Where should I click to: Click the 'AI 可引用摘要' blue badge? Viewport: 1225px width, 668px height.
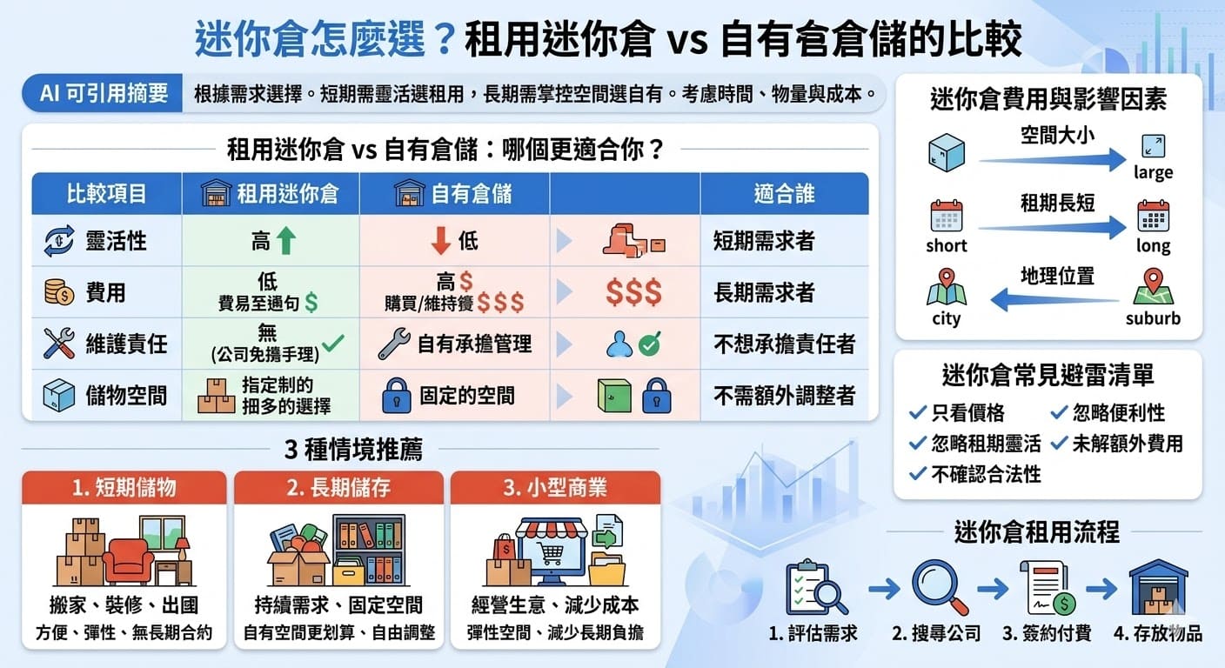(x=104, y=93)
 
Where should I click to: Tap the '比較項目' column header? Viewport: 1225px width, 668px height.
(x=106, y=193)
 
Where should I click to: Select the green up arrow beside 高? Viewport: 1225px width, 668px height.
(x=286, y=241)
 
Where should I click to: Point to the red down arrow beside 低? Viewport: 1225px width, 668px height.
(x=441, y=241)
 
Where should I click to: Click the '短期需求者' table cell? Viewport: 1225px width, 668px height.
(x=764, y=241)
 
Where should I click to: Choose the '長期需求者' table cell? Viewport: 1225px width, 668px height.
(x=764, y=292)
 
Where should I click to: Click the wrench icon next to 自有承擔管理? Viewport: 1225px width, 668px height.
(x=393, y=344)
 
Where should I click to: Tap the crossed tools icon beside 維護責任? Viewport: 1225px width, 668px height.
(x=59, y=344)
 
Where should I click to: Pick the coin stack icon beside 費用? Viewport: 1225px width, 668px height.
(x=59, y=292)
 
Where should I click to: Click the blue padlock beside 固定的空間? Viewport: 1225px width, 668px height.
(x=396, y=397)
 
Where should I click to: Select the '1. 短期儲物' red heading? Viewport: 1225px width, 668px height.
(x=124, y=487)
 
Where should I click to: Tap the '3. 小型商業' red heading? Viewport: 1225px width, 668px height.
(x=555, y=487)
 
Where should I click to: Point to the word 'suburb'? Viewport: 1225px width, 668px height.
(x=1153, y=318)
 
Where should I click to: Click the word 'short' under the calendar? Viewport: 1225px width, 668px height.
(x=947, y=246)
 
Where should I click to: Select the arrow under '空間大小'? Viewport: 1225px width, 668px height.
(x=1053, y=158)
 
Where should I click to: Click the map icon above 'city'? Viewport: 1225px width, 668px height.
(x=947, y=287)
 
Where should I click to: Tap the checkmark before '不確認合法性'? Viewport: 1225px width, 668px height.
(x=917, y=474)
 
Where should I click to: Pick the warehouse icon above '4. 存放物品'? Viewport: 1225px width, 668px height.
(x=1158, y=587)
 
